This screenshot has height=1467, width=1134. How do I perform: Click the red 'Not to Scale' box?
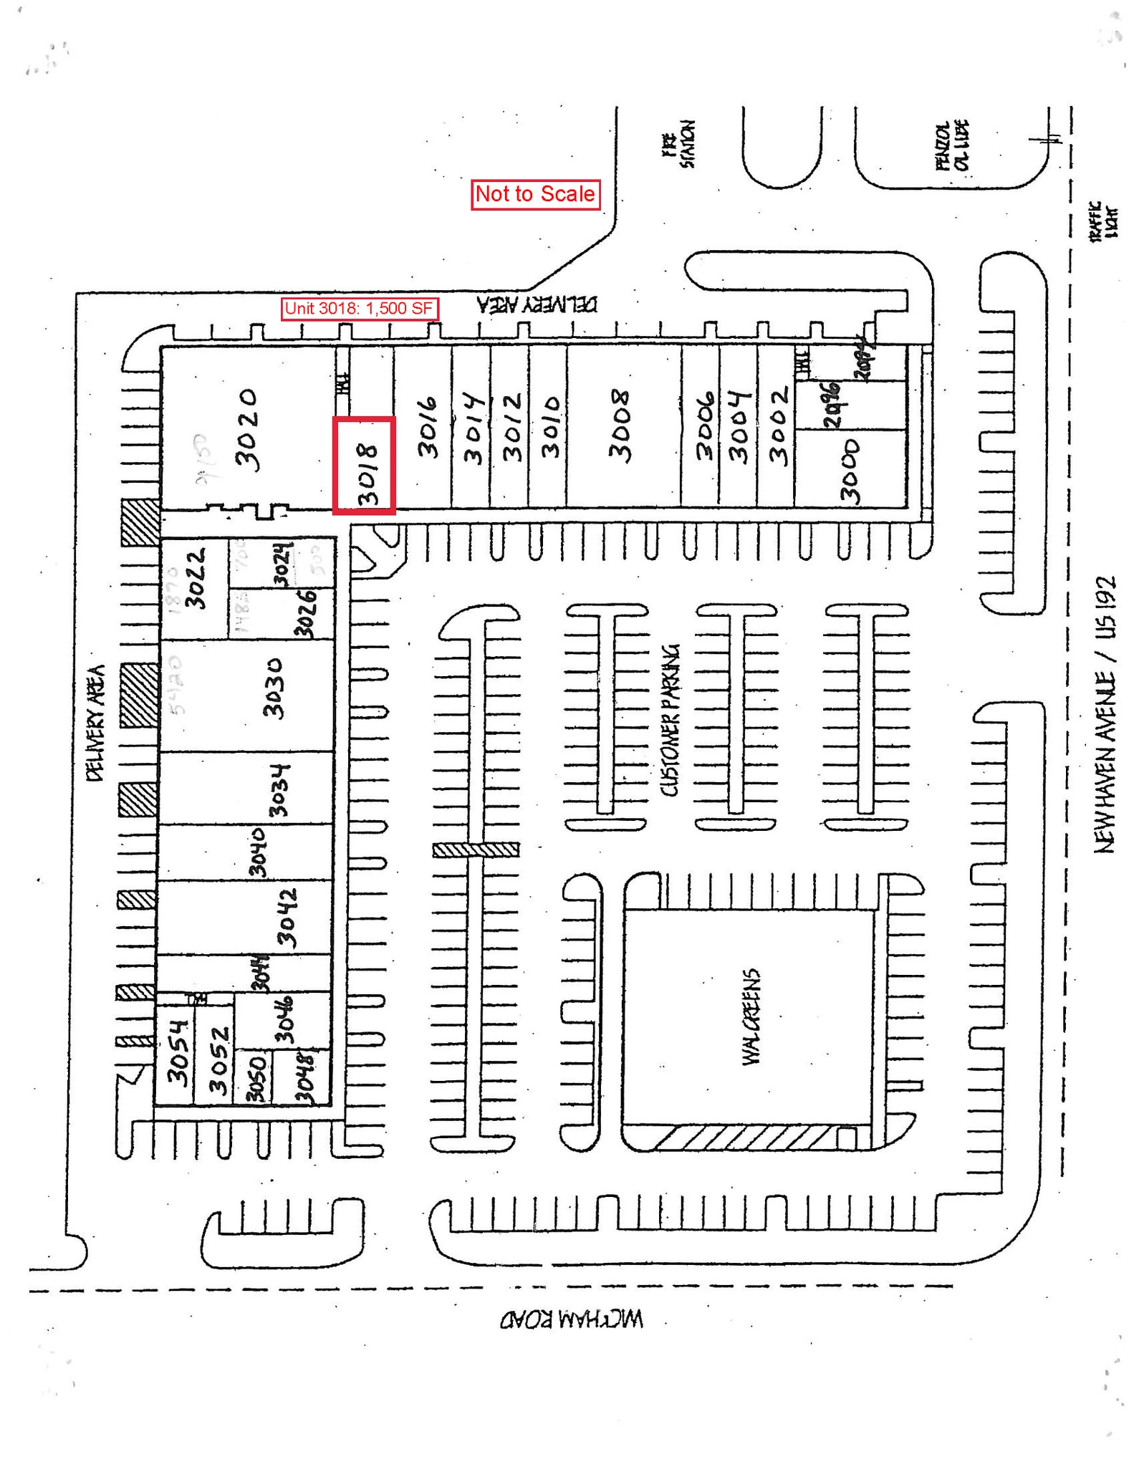535,194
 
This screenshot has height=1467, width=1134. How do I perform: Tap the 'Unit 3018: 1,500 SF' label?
359,309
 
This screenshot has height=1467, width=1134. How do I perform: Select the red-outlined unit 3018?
364,466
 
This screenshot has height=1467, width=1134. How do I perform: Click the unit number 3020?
248,430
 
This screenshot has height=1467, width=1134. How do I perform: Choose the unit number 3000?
850,471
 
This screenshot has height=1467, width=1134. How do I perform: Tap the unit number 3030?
274,688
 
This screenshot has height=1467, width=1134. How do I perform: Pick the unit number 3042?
287,918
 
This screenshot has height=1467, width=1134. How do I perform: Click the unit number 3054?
178,1052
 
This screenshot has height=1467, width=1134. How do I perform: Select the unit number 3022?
196,577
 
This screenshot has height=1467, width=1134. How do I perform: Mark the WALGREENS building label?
750,1017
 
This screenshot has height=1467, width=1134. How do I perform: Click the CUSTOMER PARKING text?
670,720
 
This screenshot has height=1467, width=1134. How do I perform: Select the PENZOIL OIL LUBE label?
953,145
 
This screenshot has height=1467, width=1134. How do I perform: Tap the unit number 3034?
279,790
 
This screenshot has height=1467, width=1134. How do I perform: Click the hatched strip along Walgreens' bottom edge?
745,1137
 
